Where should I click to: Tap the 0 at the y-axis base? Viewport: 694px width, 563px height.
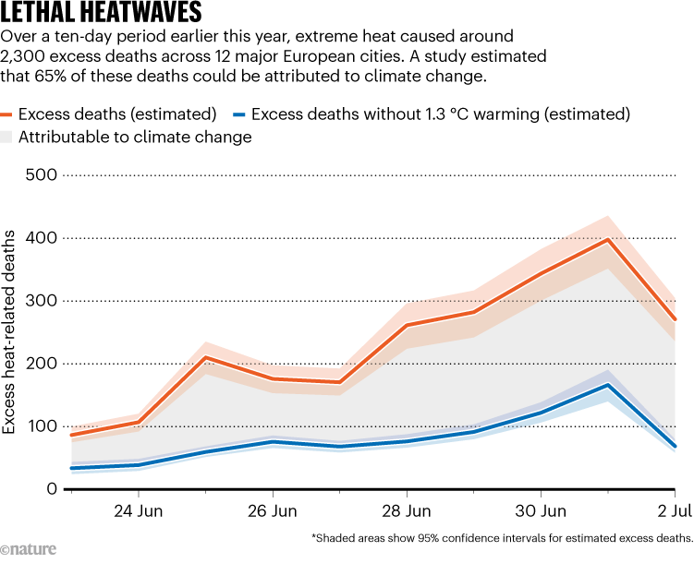click(50, 488)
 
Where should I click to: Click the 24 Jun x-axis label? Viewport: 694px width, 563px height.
click(139, 510)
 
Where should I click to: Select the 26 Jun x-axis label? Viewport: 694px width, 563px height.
click(273, 510)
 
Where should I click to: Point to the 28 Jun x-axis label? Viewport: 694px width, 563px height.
click(407, 510)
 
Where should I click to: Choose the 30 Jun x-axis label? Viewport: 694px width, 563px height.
click(541, 510)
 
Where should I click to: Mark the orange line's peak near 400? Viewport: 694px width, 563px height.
click(608, 240)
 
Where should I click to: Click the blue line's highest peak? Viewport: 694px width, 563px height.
click(608, 385)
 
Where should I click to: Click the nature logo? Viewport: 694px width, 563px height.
click(29, 548)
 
